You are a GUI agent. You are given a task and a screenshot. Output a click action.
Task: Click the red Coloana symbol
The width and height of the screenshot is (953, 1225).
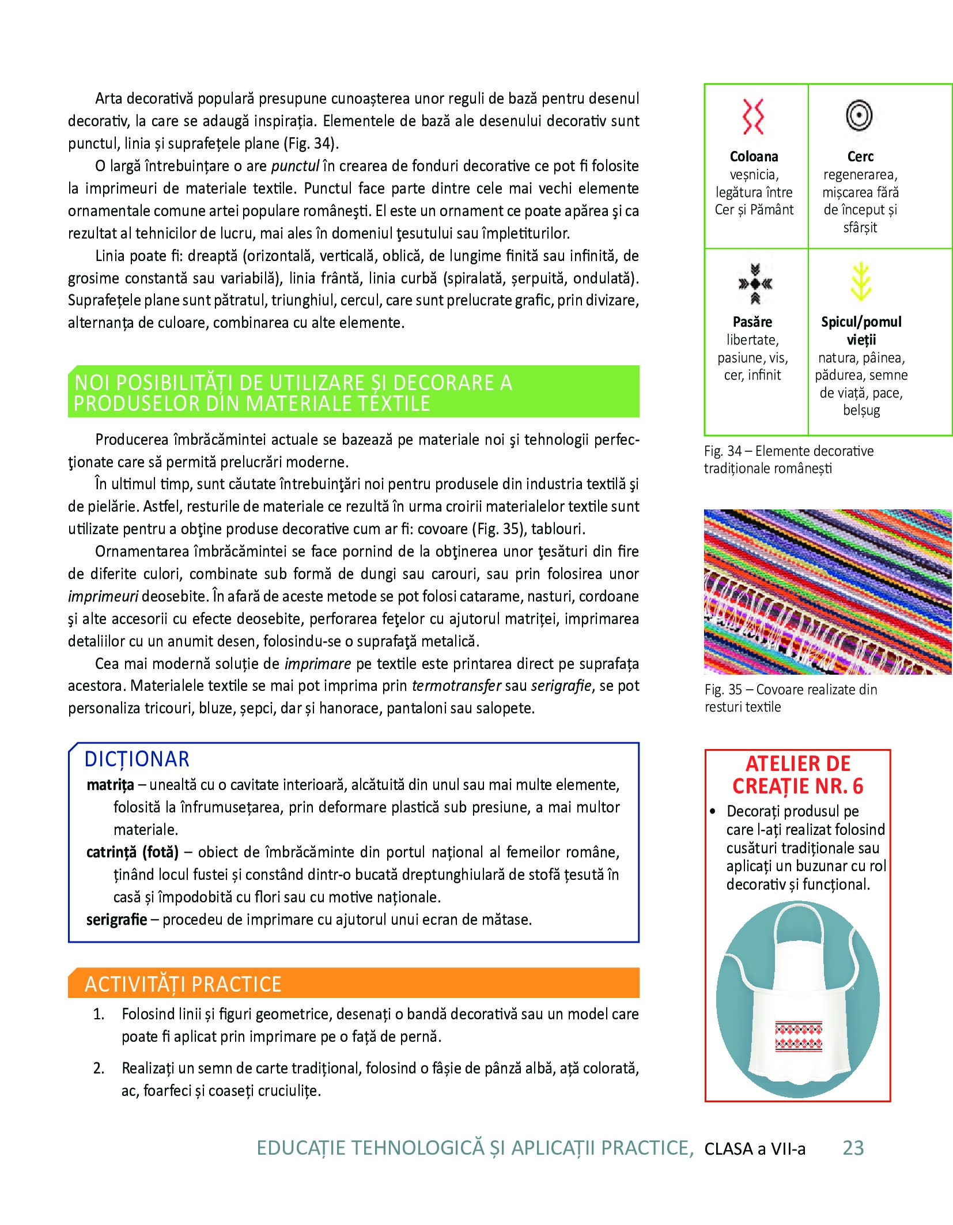pyautogui.click(x=753, y=116)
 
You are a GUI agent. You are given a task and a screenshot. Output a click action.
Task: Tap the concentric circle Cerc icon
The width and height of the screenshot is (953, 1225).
pyautogui.click(x=859, y=115)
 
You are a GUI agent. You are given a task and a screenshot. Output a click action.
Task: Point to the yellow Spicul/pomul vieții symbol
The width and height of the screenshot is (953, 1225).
pyautogui.click(x=861, y=282)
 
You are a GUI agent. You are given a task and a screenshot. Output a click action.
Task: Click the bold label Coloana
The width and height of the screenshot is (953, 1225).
pyautogui.click(x=754, y=157)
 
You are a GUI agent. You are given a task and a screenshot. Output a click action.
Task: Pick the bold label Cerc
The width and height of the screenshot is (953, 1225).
pyautogui.click(x=860, y=157)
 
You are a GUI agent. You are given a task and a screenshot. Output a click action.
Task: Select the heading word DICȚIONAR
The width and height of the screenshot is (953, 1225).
pyautogui.click(x=137, y=759)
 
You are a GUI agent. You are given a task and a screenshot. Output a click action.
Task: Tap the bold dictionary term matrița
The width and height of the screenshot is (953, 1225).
pyautogui.click(x=110, y=785)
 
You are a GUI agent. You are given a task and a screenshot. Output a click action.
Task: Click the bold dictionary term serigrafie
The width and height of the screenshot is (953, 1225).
pyautogui.click(x=116, y=920)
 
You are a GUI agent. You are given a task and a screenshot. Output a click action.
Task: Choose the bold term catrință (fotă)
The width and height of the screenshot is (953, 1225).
pyautogui.click(x=132, y=852)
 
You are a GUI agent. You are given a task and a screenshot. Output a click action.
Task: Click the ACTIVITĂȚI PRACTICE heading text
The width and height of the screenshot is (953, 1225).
pyautogui.click(x=183, y=984)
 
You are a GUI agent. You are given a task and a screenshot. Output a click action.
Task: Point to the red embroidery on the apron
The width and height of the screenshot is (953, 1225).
pyautogui.click(x=799, y=1037)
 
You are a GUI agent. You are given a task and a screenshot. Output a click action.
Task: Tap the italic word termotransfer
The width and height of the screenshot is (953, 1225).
pyautogui.click(x=456, y=686)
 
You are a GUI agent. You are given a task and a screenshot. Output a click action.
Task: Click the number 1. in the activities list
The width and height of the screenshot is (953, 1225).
pyautogui.click(x=99, y=1014)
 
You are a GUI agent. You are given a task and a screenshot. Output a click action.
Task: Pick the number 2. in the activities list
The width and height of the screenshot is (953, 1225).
pyautogui.click(x=99, y=1068)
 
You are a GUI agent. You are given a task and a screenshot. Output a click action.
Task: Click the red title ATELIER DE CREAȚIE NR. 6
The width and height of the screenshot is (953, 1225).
pyautogui.click(x=798, y=775)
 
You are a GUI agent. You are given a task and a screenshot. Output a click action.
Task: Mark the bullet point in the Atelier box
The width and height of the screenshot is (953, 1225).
pyautogui.click(x=713, y=811)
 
